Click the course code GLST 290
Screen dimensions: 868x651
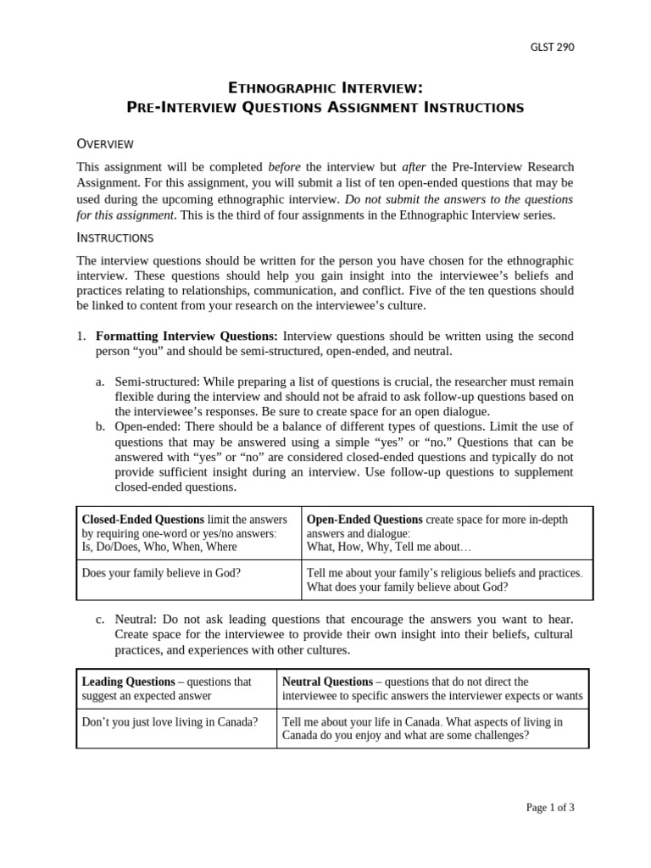coord(552,47)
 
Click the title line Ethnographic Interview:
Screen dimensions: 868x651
coord(325,87)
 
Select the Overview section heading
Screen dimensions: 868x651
coord(105,143)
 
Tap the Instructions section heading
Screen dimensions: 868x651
coord(115,237)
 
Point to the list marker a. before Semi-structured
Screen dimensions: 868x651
coord(100,382)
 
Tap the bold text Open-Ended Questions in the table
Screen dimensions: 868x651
coord(364,520)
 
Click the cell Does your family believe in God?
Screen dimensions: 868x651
coord(161,573)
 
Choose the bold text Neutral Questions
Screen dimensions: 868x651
coord(327,682)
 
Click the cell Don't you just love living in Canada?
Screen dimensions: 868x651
coord(170,722)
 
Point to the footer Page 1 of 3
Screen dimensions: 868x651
coord(550,808)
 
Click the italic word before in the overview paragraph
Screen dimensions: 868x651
coord(285,167)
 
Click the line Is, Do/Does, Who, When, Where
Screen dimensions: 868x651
coord(159,547)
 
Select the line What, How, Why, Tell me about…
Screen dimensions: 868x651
coord(382,547)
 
